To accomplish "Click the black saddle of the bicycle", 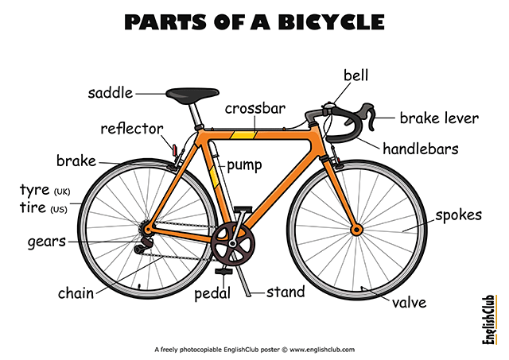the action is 192,95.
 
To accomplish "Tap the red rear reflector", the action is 175,150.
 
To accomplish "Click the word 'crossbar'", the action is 255,108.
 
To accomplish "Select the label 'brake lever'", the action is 439,118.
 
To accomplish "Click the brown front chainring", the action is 233,243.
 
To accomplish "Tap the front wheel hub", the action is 357,230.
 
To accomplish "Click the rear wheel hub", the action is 147,230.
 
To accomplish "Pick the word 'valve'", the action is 409,303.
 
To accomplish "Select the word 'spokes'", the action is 458,215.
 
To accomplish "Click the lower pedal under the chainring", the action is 223,271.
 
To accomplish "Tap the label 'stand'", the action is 286,292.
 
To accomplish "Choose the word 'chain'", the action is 76,293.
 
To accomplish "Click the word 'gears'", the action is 47,242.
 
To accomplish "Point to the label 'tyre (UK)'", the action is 45,190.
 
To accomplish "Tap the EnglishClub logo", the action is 490,319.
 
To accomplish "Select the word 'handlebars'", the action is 421,149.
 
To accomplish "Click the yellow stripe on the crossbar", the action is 243,135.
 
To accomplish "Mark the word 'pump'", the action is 244,165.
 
